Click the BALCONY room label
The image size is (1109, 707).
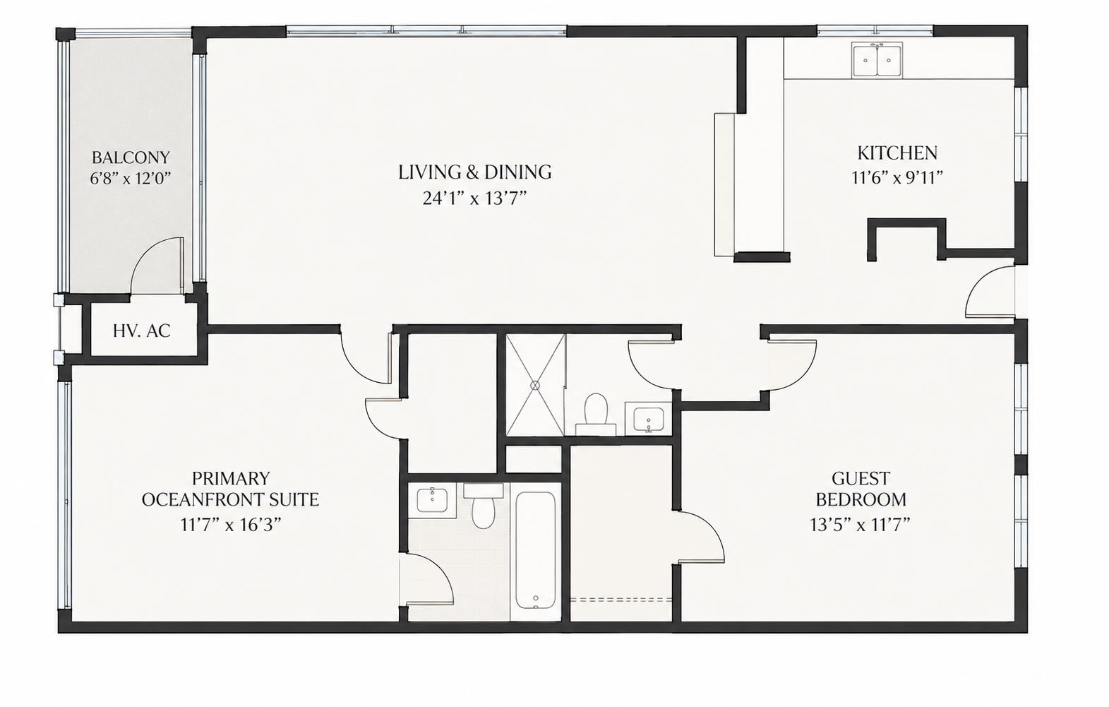(131, 158)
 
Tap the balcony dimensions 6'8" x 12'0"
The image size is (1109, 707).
(131, 178)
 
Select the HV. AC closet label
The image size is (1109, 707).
(142, 331)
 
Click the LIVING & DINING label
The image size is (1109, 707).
(475, 172)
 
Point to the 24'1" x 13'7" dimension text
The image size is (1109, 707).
(474, 198)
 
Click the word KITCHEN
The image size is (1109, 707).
(897, 153)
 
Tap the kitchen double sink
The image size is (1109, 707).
(877, 60)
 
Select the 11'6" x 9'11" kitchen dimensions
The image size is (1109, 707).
(897, 177)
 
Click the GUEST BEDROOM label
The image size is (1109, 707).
(861, 489)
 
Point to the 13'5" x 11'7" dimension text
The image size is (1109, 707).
(861, 524)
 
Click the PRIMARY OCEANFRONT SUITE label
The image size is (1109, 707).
(230, 489)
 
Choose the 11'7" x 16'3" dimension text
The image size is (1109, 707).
(231, 524)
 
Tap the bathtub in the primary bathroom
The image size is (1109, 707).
(535, 550)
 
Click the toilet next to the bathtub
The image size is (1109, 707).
(484, 506)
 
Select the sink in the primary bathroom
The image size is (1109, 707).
(432, 500)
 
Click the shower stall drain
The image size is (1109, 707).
(534, 385)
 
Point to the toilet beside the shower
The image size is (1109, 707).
(596, 414)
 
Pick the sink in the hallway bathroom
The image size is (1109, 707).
(648, 419)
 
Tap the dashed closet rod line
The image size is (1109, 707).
(621, 600)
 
